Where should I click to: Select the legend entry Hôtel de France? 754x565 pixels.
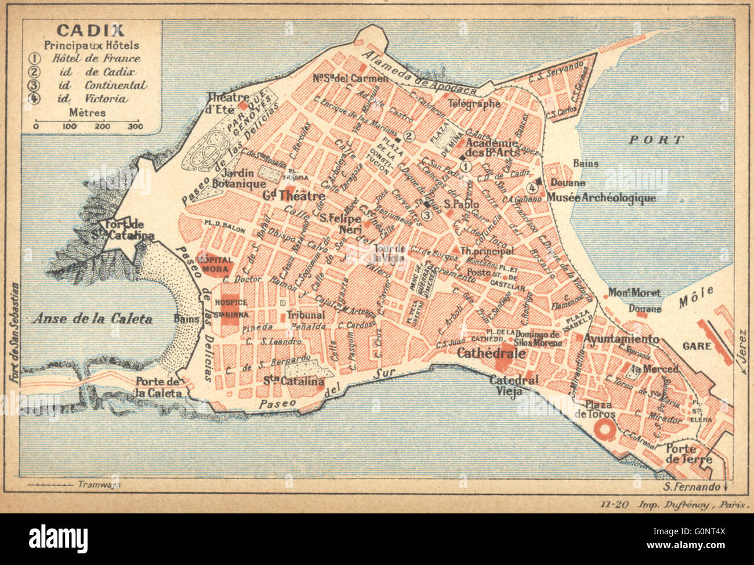click(x=96, y=58)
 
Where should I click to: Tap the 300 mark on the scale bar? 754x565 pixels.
click(x=135, y=126)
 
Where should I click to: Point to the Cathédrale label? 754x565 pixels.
click(x=491, y=353)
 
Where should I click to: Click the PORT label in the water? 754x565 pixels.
click(x=657, y=140)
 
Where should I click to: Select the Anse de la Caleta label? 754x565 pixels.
click(x=92, y=318)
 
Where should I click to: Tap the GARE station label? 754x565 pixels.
click(x=697, y=346)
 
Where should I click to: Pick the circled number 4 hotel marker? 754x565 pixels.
click(x=532, y=187)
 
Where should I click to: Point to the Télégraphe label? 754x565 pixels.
click(x=490, y=104)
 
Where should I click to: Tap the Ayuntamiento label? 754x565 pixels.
click(x=621, y=339)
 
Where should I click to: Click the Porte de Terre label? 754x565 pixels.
click(x=688, y=454)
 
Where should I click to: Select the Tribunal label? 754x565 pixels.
click(x=305, y=315)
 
